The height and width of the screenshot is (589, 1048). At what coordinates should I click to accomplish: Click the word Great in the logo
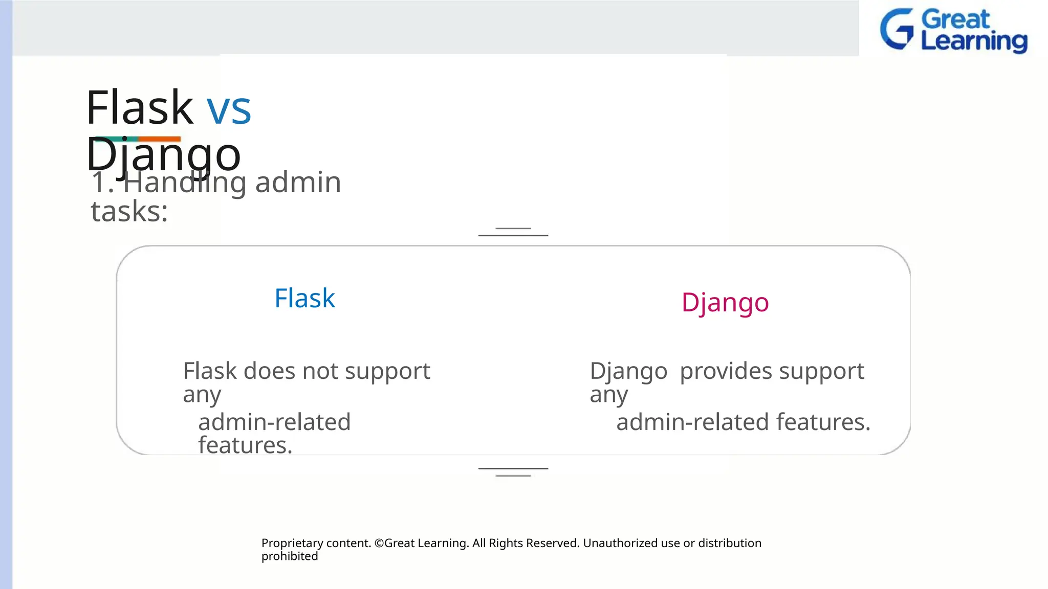955,19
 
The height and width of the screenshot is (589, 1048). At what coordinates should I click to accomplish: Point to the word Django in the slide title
163,154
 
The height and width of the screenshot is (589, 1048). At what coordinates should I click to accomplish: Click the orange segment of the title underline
159,139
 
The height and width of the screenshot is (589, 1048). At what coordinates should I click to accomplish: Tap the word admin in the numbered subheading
298,182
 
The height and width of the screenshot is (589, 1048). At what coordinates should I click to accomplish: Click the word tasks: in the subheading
129,211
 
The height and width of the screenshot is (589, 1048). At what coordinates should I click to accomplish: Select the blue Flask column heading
304,298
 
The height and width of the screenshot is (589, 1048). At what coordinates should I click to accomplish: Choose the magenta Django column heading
725,302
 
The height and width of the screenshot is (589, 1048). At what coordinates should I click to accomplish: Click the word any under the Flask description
202,395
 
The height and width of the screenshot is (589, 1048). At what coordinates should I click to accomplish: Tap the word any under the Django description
608,395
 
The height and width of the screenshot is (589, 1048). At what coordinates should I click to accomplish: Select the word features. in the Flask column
245,445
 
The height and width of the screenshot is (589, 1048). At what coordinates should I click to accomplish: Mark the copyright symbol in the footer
379,543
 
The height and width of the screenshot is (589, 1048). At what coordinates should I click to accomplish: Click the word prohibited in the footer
290,556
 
